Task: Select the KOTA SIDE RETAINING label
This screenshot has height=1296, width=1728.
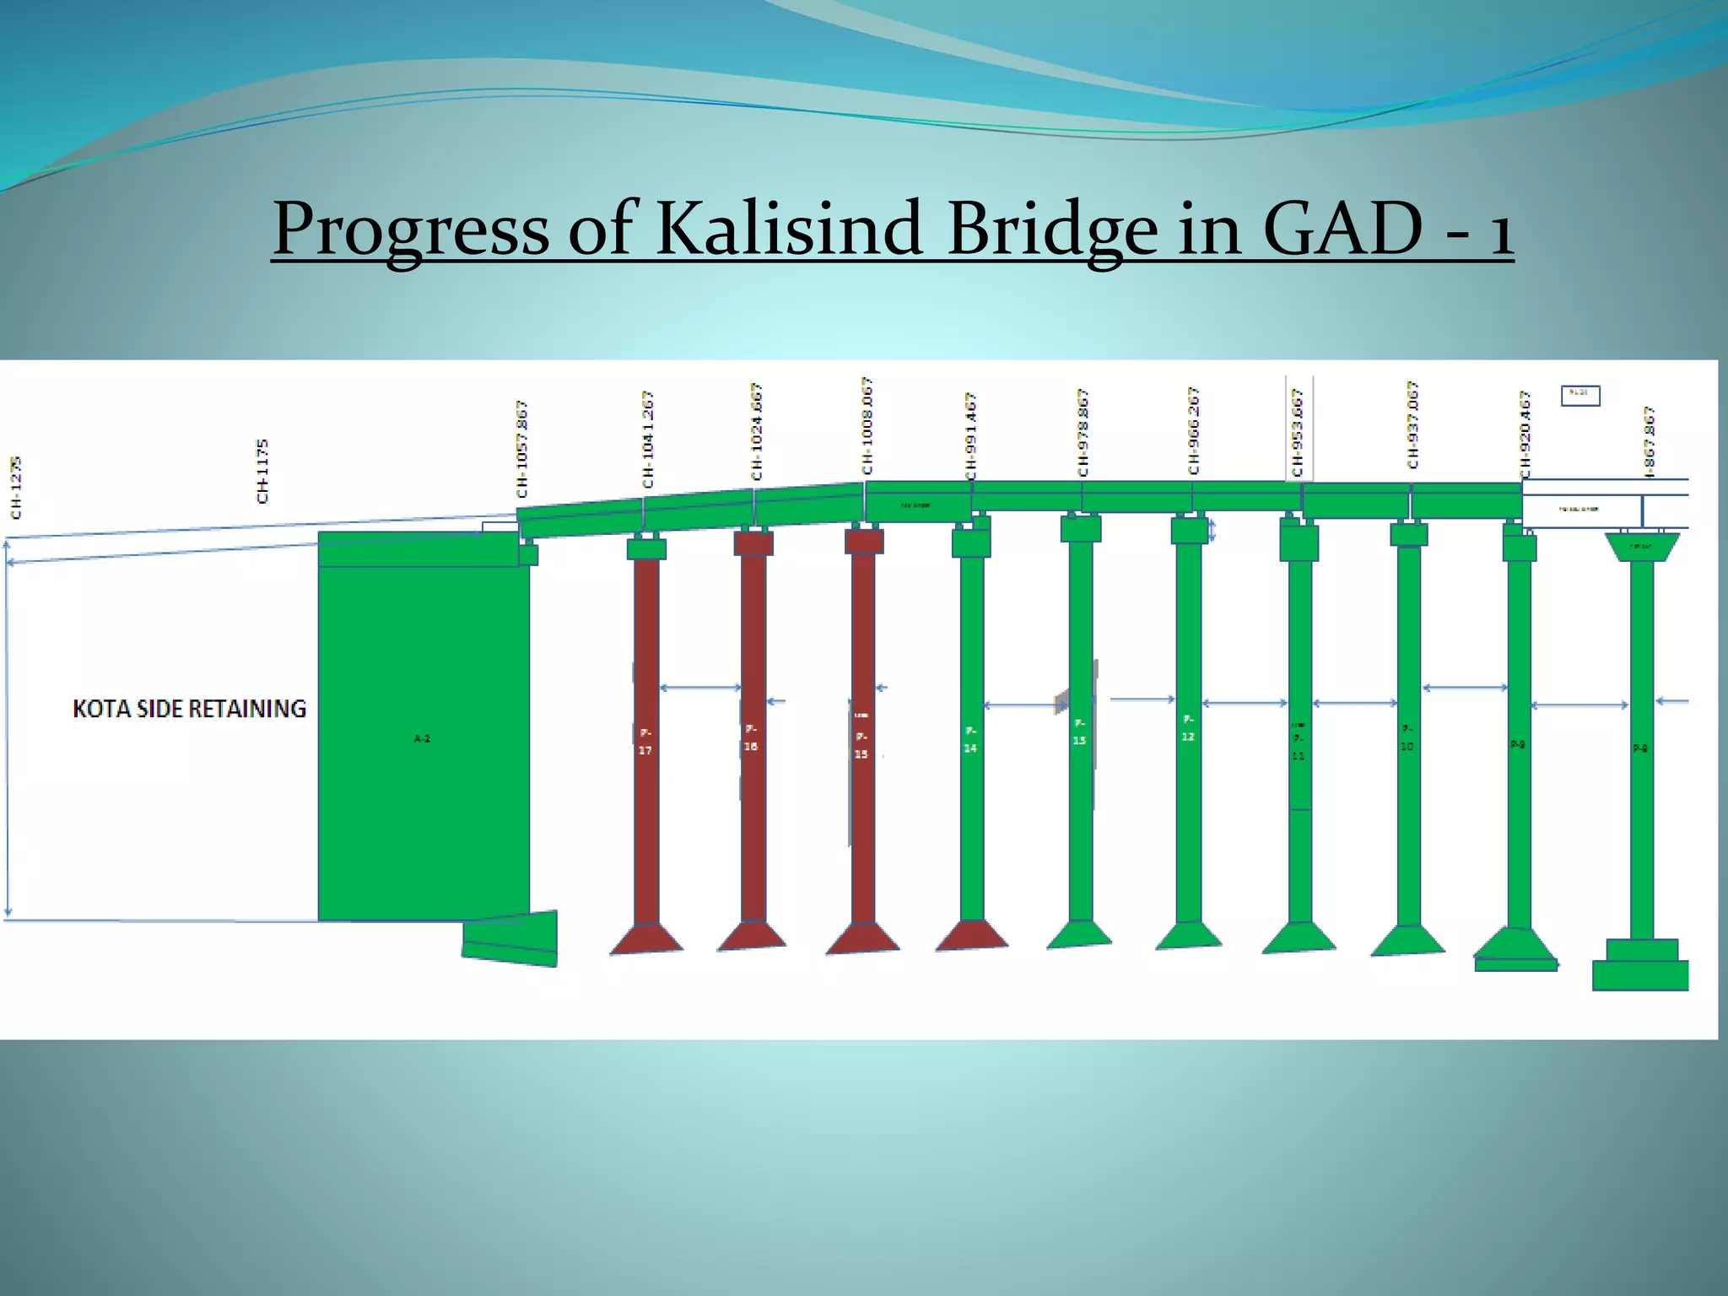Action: coord(189,709)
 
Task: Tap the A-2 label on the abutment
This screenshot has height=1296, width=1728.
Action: coord(422,738)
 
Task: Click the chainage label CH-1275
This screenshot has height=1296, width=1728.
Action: coord(16,487)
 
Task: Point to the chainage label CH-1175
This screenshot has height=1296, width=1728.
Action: coord(262,470)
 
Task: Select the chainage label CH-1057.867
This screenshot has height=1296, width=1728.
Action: coord(522,449)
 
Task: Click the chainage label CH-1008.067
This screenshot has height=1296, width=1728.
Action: coord(867,426)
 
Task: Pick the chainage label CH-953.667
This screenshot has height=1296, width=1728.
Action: coord(1298,432)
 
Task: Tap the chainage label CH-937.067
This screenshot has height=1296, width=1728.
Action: coord(1412,424)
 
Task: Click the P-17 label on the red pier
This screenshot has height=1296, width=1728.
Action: coord(645,741)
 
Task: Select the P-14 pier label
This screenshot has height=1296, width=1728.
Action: coord(970,739)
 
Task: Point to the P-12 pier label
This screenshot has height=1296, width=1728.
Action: coord(1188,728)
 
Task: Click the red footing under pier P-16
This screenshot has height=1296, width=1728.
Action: coord(752,936)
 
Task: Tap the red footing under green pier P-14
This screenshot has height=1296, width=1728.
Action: coord(971,935)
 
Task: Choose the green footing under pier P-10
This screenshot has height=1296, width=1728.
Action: coord(1407,941)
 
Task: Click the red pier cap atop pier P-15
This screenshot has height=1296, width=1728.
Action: coord(864,541)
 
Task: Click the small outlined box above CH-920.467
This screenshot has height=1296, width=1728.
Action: coord(1579,394)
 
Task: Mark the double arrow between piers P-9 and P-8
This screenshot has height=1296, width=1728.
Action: coord(1579,705)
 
